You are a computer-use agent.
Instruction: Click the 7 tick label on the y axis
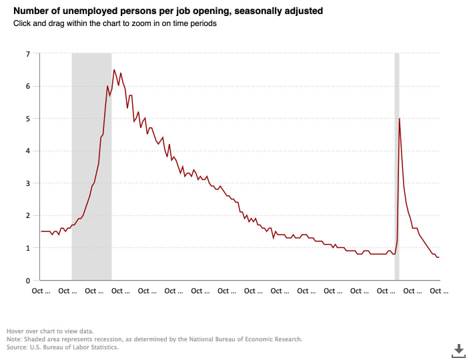tap(28, 53)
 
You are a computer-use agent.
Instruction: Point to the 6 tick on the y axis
tap(28, 86)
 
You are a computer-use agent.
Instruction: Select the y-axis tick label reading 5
tap(28, 119)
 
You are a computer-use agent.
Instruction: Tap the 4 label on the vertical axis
tap(28, 151)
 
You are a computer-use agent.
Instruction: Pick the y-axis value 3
tap(28, 183)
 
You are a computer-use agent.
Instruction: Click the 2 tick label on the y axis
tap(28, 215)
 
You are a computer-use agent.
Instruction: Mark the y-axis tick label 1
tap(28, 248)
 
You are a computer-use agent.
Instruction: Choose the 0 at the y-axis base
tap(28, 280)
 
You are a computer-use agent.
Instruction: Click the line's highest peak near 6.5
tap(114, 70)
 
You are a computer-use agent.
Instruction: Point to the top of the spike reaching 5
tap(399, 119)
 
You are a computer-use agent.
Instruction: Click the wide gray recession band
tap(91, 167)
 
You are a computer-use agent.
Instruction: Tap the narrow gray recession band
tap(397, 167)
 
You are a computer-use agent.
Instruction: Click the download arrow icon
tap(459, 349)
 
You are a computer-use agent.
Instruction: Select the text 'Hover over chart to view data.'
tap(50, 331)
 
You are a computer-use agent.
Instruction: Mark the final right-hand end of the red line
tap(439, 257)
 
